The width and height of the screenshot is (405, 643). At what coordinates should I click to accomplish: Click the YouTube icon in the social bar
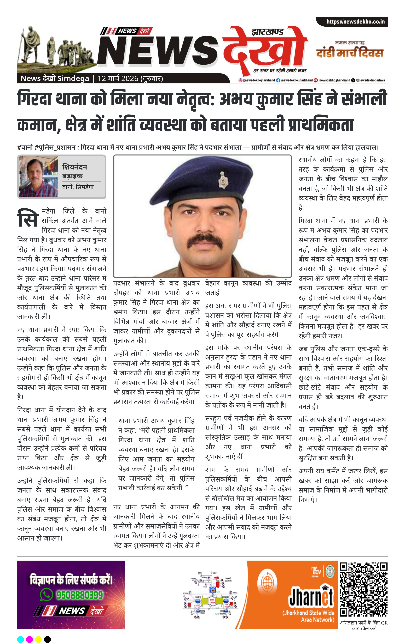316,80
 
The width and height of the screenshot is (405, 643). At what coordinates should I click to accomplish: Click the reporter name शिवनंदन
75,167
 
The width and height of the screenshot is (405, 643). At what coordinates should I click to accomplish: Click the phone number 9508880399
79,595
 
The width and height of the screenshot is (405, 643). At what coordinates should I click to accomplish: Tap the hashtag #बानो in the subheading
25,147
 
